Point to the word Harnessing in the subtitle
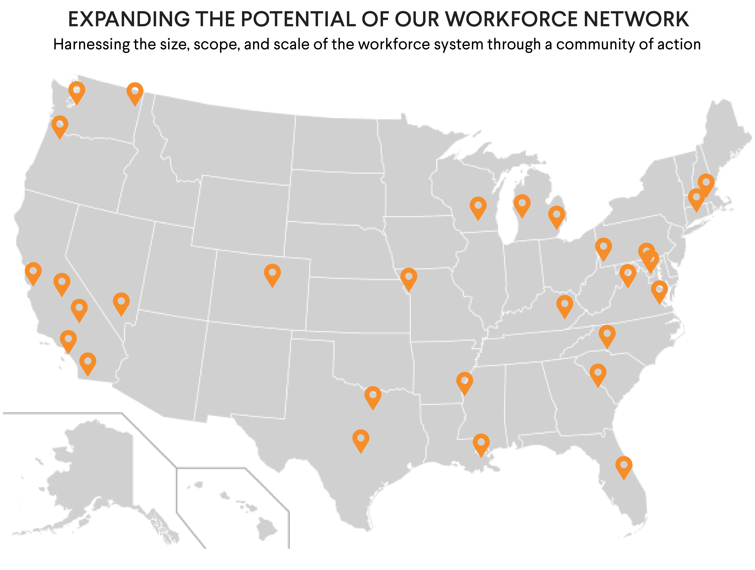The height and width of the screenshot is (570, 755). (x=91, y=45)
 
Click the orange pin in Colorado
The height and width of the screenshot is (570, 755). (x=272, y=274)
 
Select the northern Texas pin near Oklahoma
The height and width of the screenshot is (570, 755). (x=373, y=396)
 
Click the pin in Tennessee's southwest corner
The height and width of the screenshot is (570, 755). (x=464, y=382)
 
